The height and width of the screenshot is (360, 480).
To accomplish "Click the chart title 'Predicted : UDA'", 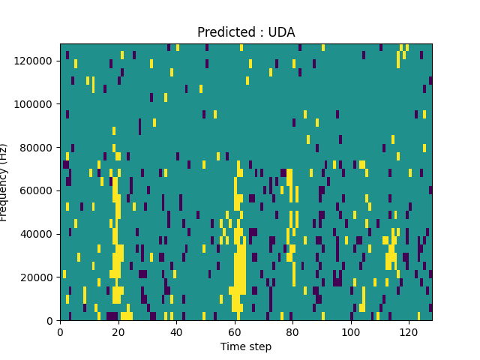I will point(246,32).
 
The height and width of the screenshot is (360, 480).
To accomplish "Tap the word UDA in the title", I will point(282,32).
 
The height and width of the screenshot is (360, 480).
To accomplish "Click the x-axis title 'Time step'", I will point(246,346).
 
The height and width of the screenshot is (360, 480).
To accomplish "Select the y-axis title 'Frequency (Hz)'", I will point(4,182).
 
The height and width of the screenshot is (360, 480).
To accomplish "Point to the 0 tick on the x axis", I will point(60,331).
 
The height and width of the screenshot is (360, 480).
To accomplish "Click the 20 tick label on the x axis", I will point(118,331).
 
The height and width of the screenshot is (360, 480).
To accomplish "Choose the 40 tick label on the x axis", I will point(176,331).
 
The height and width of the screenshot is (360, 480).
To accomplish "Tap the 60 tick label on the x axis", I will point(234,331).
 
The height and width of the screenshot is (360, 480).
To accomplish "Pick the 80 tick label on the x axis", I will point(292,331).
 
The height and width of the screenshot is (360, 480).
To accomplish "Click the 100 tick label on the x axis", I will point(350,331).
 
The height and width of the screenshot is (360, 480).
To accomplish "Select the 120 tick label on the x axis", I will point(409,331).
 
